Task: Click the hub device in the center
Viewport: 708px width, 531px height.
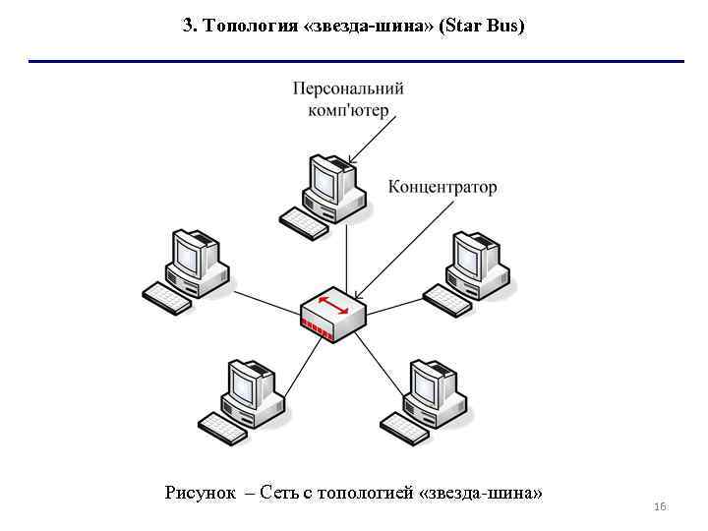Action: click(332, 315)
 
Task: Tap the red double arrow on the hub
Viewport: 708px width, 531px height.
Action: click(333, 305)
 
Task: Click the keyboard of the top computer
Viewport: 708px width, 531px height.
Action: click(303, 222)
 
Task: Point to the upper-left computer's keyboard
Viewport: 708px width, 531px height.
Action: click(167, 297)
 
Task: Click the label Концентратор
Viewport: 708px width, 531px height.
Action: click(442, 187)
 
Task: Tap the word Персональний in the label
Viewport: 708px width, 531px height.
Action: click(348, 88)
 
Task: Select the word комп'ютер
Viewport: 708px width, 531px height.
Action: click(348, 110)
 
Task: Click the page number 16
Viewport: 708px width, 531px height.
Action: click(660, 506)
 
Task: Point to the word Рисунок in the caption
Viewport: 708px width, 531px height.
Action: click(200, 493)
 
